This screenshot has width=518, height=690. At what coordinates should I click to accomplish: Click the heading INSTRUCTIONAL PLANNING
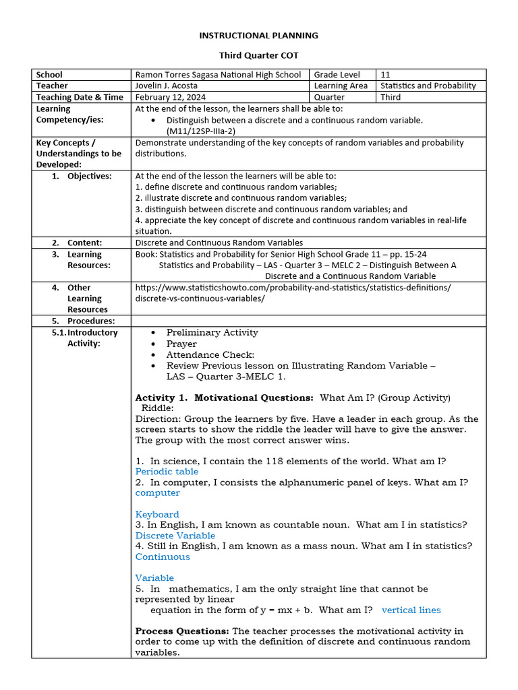click(259, 36)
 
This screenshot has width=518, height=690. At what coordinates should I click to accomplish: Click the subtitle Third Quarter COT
click(259, 55)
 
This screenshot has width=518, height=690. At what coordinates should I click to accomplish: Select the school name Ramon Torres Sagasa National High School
click(218, 75)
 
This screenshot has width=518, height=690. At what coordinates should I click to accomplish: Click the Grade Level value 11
click(386, 75)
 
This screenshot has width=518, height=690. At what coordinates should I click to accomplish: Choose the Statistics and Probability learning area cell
click(428, 86)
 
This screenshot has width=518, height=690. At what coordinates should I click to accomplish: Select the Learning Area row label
click(341, 86)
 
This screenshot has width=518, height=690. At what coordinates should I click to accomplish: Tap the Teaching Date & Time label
click(80, 97)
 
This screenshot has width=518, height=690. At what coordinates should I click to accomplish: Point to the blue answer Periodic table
click(167, 472)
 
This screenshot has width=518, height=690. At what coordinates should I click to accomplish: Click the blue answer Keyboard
click(157, 514)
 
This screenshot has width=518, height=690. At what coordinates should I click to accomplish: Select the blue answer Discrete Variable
click(175, 536)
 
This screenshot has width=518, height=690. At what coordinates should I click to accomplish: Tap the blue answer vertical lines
click(411, 610)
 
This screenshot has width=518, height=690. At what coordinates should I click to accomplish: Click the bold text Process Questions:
click(182, 631)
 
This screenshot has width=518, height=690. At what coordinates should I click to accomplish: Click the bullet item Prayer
click(181, 344)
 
